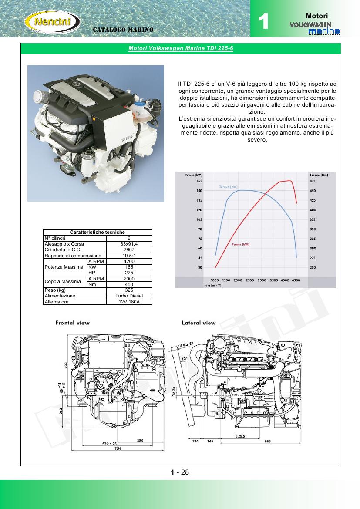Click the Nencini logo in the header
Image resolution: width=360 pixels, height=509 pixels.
tap(52, 21)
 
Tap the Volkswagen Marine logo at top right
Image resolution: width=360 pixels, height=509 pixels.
tap(314, 28)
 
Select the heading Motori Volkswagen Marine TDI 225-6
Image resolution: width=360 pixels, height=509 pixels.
tap(181, 48)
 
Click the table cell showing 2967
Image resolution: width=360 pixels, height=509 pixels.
tap(129, 250)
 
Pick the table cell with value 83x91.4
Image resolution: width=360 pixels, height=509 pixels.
tap(129, 244)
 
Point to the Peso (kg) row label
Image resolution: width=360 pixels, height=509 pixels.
tap(55, 290)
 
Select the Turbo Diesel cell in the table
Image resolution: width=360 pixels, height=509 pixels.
tap(129, 296)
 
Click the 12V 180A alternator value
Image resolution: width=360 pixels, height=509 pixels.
tap(129, 301)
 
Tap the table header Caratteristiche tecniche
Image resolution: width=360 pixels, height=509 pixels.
tap(98, 233)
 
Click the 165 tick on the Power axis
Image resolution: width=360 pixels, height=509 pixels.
tap(199, 181)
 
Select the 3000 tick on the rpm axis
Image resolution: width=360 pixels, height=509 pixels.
tap(262, 280)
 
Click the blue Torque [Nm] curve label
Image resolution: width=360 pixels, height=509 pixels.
tap(229, 187)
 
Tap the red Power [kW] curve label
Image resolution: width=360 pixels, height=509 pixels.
tap(240, 244)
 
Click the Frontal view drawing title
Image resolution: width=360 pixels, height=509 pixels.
tap(72, 323)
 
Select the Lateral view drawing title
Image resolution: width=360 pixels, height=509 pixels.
tap(199, 323)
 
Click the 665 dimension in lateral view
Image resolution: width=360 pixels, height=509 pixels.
tap(268, 441)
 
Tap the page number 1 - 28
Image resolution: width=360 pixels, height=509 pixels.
tap(180, 472)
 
